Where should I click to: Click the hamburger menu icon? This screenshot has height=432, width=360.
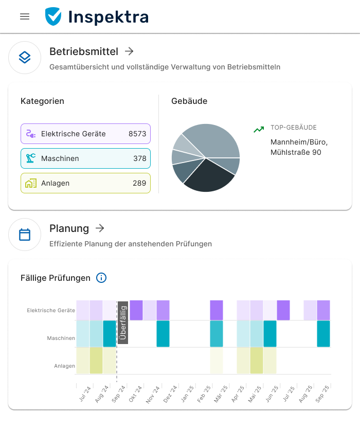coord(25,16)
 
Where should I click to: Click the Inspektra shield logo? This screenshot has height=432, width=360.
coord(53,16)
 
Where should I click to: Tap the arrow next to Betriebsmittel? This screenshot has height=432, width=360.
coord(130,51)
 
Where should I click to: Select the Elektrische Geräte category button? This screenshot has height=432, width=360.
coord(85,134)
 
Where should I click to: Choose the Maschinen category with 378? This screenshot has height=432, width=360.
coord(85,158)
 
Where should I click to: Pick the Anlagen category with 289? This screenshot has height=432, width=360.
coord(85,183)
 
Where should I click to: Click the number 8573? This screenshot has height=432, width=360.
coord(137,134)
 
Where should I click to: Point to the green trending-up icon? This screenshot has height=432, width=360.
coord(259,130)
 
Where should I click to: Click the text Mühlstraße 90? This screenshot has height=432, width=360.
coord(296,152)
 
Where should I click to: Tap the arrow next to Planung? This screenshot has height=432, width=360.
coord(100,228)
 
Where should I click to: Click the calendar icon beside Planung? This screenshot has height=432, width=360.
coord(25,235)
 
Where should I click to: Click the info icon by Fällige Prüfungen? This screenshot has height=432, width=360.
coord(101,278)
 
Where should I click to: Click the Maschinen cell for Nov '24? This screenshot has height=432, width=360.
coord(163,334)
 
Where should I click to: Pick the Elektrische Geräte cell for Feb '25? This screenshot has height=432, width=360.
coord(217,311)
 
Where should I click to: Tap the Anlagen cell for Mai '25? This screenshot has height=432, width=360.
coord(257,360)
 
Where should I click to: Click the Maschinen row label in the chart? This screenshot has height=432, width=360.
coord(61,338)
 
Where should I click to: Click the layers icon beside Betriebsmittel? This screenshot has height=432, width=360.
coord(25,58)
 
